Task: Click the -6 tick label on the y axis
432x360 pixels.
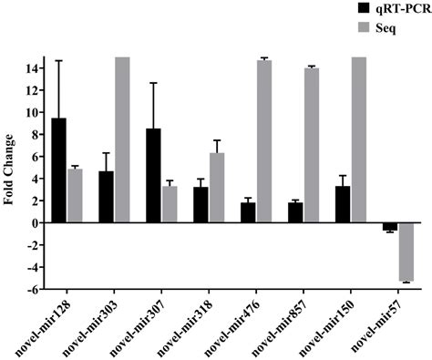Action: (x=32, y=290)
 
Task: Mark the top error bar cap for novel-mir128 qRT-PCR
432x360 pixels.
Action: (x=59, y=60)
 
